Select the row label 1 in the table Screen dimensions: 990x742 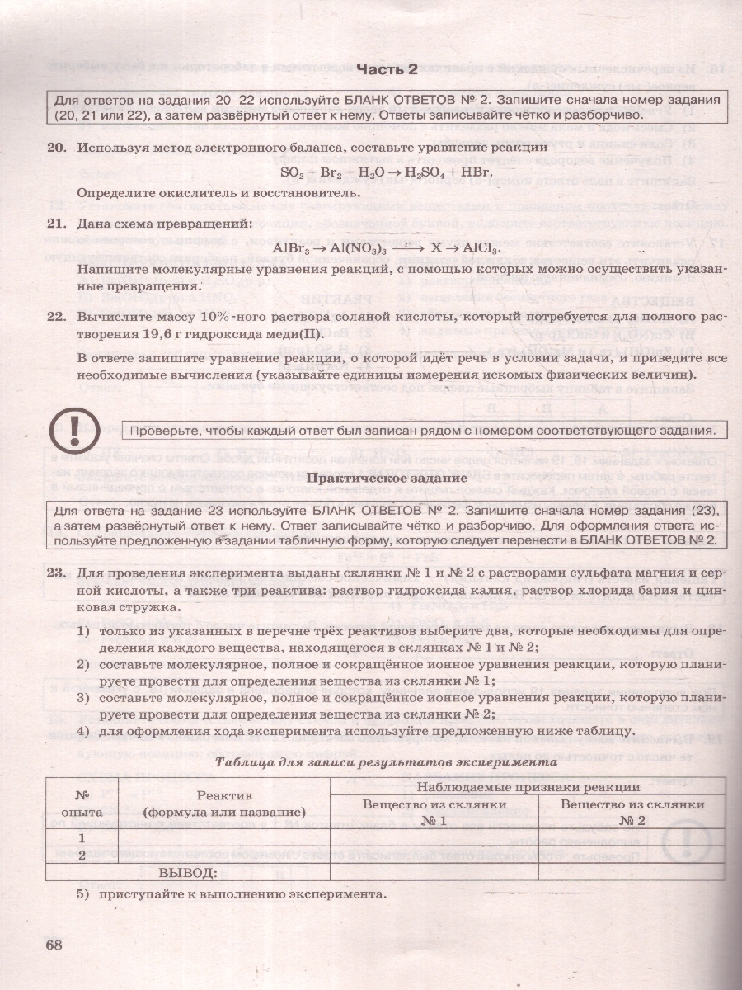coord(82,837)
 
